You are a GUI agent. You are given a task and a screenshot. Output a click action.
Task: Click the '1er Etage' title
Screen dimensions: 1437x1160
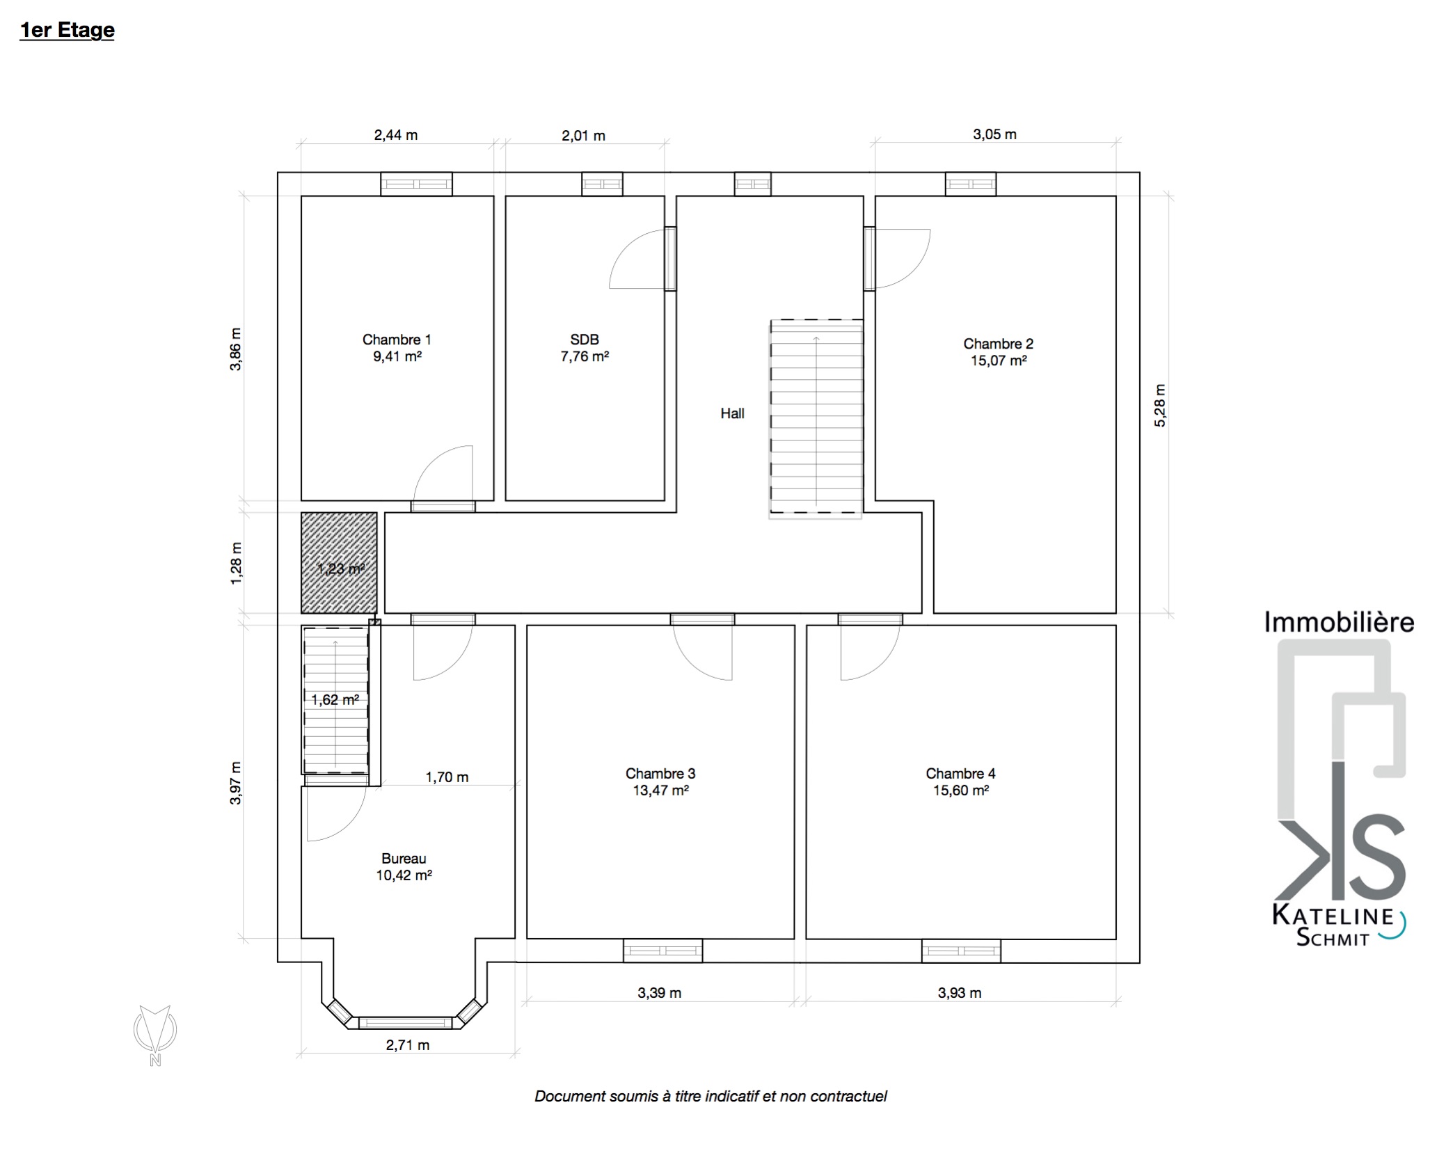(x=67, y=31)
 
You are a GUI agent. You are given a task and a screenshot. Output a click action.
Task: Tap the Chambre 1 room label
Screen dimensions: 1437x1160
(x=397, y=340)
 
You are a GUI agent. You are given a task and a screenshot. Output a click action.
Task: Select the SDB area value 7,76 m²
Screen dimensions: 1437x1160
(x=585, y=356)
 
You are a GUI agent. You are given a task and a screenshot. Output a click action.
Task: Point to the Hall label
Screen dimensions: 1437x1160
(x=732, y=413)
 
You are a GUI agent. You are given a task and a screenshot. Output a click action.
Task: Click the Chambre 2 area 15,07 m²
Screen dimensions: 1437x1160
(x=999, y=360)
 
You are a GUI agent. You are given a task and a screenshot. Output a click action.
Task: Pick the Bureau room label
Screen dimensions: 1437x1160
(x=404, y=859)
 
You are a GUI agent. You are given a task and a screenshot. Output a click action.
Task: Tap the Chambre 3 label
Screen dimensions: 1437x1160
(x=660, y=773)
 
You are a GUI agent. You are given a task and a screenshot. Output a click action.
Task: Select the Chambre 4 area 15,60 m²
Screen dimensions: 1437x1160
(x=961, y=790)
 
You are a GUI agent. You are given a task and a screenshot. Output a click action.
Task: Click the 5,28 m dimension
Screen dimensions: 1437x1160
(x=1160, y=405)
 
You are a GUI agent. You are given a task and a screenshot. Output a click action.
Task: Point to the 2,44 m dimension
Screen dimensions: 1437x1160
(x=396, y=135)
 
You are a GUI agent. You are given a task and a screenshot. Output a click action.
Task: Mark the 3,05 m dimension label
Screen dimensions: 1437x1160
(x=994, y=134)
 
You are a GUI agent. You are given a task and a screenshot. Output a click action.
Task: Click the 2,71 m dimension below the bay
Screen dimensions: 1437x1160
(x=408, y=1045)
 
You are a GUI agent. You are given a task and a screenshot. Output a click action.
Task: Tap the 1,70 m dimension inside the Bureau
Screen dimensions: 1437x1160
(x=447, y=777)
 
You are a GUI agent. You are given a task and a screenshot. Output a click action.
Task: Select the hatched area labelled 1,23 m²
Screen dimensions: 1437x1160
(x=340, y=563)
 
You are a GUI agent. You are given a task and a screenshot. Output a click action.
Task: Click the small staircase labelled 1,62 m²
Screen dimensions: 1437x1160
(x=335, y=699)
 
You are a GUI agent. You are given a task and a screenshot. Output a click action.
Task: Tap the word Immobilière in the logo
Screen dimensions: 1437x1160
(x=1339, y=621)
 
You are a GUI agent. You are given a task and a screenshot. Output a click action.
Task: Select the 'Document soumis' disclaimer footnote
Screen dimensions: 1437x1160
(x=710, y=1097)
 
